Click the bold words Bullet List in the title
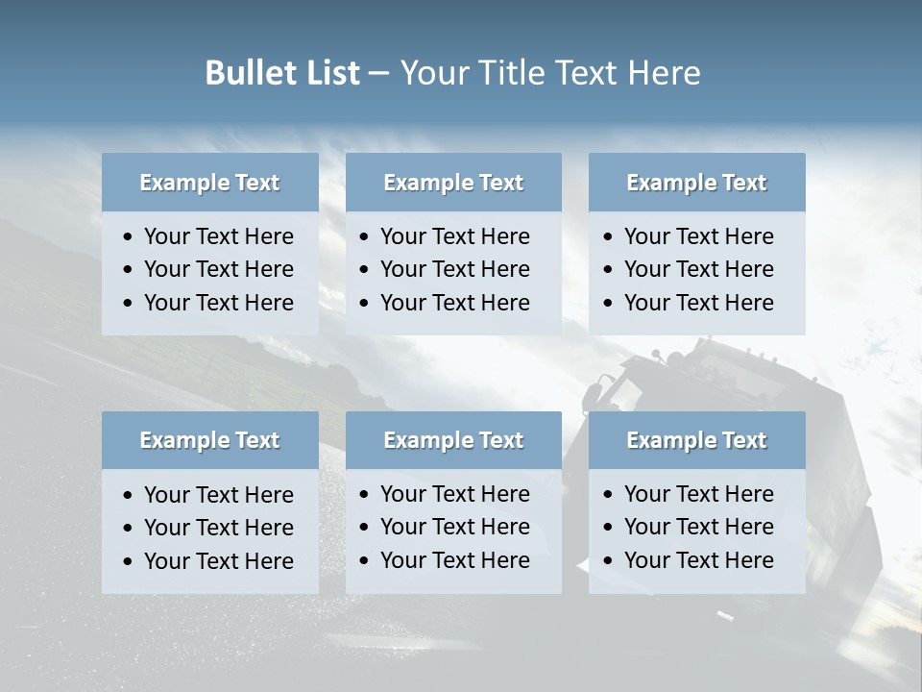pos(282,73)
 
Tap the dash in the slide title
pos(378,73)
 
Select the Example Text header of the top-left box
pos(209,183)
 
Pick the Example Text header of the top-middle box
pos(453,183)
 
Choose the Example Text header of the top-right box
pos(696,183)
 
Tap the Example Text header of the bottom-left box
pos(209,440)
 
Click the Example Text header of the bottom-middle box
pos(453,440)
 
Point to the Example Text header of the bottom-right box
pos(696,440)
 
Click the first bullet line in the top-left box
pos(218,236)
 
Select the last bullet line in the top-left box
pos(218,303)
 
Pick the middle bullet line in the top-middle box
pos(454,269)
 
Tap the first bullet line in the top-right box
pos(698,236)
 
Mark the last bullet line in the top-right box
pos(698,303)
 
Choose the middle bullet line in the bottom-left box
pos(218,528)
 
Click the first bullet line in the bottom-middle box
pos(454,494)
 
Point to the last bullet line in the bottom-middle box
pos(454,560)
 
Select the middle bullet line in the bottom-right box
pos(698,527)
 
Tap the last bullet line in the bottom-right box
pos(698,560)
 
